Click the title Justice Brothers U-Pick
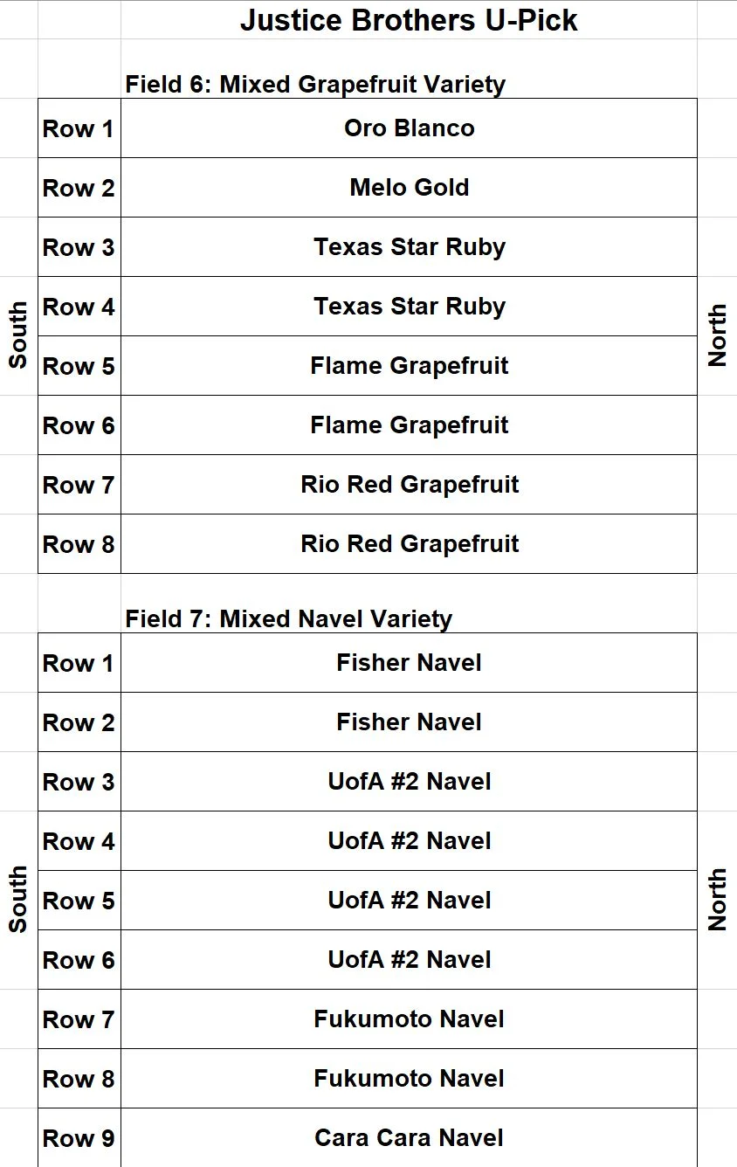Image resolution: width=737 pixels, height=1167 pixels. pos(409,20)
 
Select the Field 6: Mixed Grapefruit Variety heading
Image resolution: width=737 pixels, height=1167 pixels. pos(315,85)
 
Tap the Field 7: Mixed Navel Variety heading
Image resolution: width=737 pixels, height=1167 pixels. pos(288,619)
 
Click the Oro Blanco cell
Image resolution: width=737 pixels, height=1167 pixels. pos(410,128)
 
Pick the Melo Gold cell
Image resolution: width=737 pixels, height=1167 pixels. pos(410,188)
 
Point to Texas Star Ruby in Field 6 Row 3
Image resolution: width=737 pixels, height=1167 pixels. pos(410,247)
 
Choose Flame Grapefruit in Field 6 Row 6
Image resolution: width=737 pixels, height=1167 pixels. pos(410,425)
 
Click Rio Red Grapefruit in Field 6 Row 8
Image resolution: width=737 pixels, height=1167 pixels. pos(410,544)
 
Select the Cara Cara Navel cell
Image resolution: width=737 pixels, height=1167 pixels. pos(409,1138)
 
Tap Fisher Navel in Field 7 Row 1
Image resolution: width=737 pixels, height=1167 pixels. pos(409,663)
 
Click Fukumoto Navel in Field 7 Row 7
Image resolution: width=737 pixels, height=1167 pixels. pos(409,1019)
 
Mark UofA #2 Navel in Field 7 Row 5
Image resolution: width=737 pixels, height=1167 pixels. pos(410,901)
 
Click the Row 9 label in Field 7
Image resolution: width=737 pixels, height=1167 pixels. pos(79,1138)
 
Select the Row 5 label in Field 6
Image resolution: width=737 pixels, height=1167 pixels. pos(79,366)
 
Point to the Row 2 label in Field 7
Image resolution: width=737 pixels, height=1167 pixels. pos(79,722)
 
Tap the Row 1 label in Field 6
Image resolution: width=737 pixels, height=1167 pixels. pos(78,128)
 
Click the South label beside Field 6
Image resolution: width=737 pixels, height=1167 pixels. pos(17,335)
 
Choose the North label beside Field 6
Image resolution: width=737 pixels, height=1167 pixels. pos(717,335)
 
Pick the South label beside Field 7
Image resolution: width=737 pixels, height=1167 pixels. pos(17,899)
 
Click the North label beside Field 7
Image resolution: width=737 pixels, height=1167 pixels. pos(717,900)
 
